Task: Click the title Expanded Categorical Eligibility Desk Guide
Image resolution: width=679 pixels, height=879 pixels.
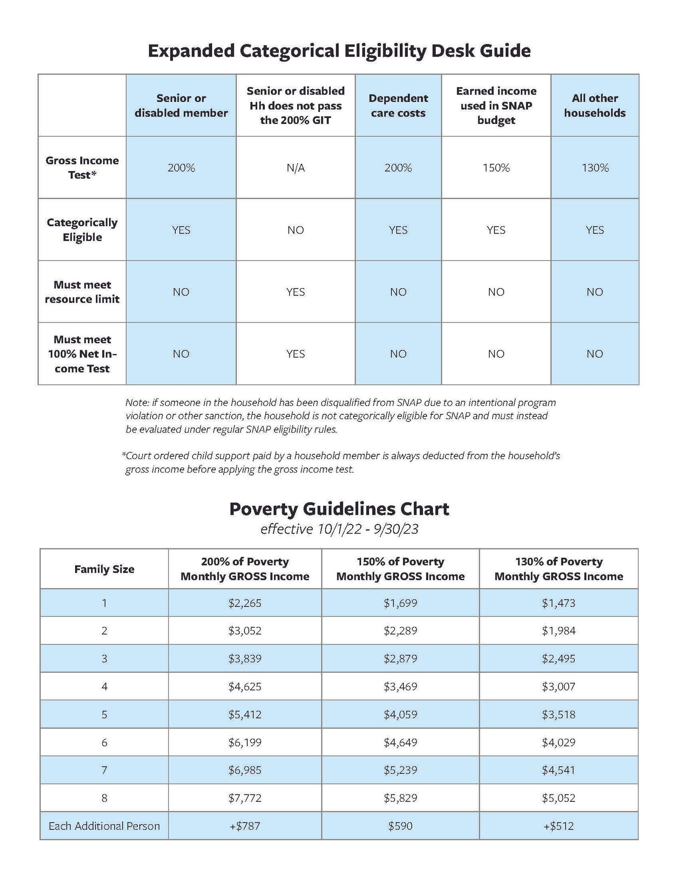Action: [x=339, y=51]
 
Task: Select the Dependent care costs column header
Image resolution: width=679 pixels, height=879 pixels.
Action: [x=398, y=106]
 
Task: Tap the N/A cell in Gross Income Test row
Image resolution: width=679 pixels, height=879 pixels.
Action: [x=295, y=168]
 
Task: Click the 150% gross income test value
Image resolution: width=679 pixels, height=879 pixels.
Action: [x=496, y=168]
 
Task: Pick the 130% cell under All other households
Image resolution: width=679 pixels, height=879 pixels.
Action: [x=595, y=168]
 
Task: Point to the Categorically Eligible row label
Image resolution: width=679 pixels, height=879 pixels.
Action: [x=82, y=230]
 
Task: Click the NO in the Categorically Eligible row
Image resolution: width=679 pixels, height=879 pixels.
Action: [x=295, y=230]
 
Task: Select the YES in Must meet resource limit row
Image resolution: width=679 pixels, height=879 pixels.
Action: [x=295, y=292]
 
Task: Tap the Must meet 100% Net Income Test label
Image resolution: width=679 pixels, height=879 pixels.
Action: [x=82, y=354]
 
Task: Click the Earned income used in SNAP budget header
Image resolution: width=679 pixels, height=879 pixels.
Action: [x=496, y=106]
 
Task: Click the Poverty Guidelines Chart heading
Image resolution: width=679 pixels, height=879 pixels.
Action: [x=339, y=509]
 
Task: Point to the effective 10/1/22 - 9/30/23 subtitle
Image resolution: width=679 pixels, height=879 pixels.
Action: [x=339, y=529]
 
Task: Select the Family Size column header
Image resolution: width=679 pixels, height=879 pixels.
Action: [x=104, y=569]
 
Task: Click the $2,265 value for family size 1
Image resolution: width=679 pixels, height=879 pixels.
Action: [x=245, y=603]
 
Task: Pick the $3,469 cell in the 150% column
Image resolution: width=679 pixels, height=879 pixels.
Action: [x=400, y=686]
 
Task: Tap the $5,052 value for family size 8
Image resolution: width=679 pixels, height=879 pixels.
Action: [x=558, y=798]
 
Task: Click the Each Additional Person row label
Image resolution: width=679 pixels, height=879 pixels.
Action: [x=104, y=826]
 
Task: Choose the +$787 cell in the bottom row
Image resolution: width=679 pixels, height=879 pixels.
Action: [x=245, y=826]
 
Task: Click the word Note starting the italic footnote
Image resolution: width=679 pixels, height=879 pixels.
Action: [x=135, y=402]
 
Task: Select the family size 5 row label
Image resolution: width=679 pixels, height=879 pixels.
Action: [x=104, y=714]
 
